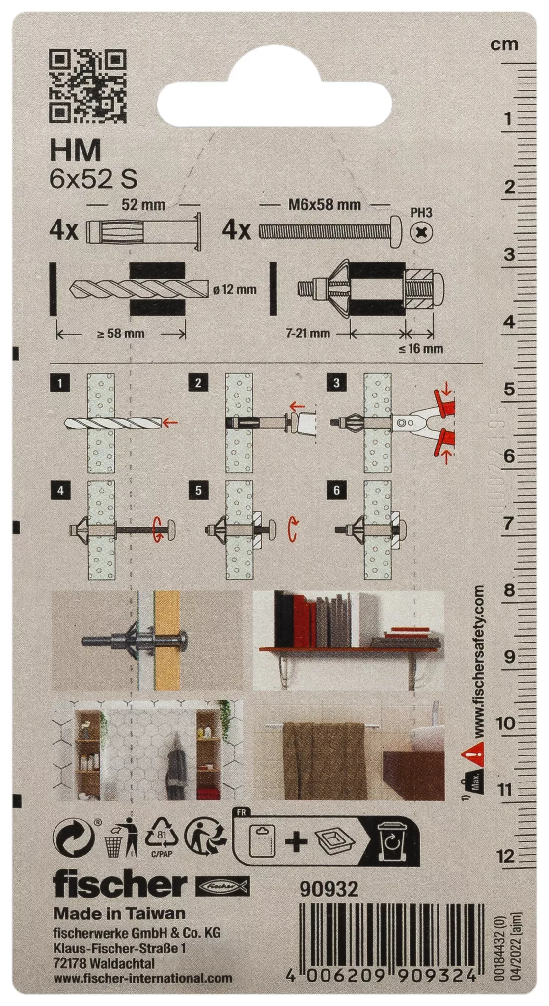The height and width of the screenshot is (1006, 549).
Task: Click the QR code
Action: tap(88, 86)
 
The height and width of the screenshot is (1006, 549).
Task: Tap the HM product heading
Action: tap(75, 150)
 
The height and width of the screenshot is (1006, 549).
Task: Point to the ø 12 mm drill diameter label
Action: tap(235, 289)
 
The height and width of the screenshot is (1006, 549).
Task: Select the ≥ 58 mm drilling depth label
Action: tap(121, 334)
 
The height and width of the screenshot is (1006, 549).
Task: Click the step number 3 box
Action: tap(336, 383)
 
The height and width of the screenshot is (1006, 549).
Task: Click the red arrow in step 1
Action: tap(170, 422)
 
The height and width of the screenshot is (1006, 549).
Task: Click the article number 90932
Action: tap(329, 890)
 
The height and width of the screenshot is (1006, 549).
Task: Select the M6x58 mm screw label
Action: tap(325, 204)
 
